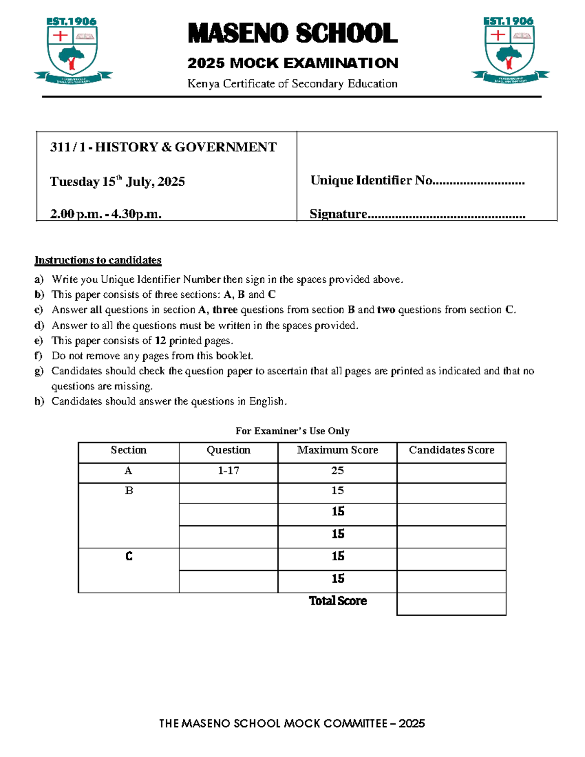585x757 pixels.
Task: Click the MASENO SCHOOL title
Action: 292,34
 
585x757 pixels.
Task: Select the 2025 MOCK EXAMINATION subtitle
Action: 292,63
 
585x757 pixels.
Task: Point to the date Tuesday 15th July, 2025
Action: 117,182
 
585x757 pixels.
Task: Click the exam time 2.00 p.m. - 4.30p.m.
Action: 105,214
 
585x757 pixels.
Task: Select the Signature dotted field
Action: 446,215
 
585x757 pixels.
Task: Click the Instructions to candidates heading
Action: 97,260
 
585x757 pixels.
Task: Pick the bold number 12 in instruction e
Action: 160,341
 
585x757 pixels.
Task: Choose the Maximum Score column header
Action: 337,450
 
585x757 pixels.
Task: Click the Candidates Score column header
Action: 451,450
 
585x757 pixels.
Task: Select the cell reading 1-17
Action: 228,471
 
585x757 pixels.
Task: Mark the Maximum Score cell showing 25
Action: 337,471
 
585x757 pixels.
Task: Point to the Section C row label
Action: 129,557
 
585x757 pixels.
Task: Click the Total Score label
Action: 338,601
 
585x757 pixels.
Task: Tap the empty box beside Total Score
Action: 451,604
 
